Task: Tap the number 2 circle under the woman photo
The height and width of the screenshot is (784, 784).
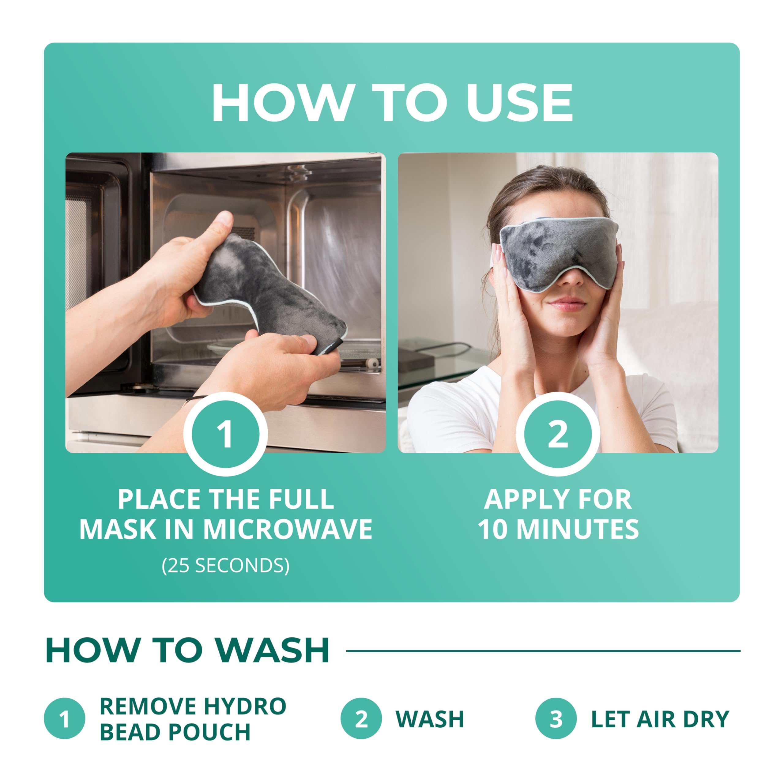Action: point(558,434)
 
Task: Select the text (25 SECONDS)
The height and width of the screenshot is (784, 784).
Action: point(226,565)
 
